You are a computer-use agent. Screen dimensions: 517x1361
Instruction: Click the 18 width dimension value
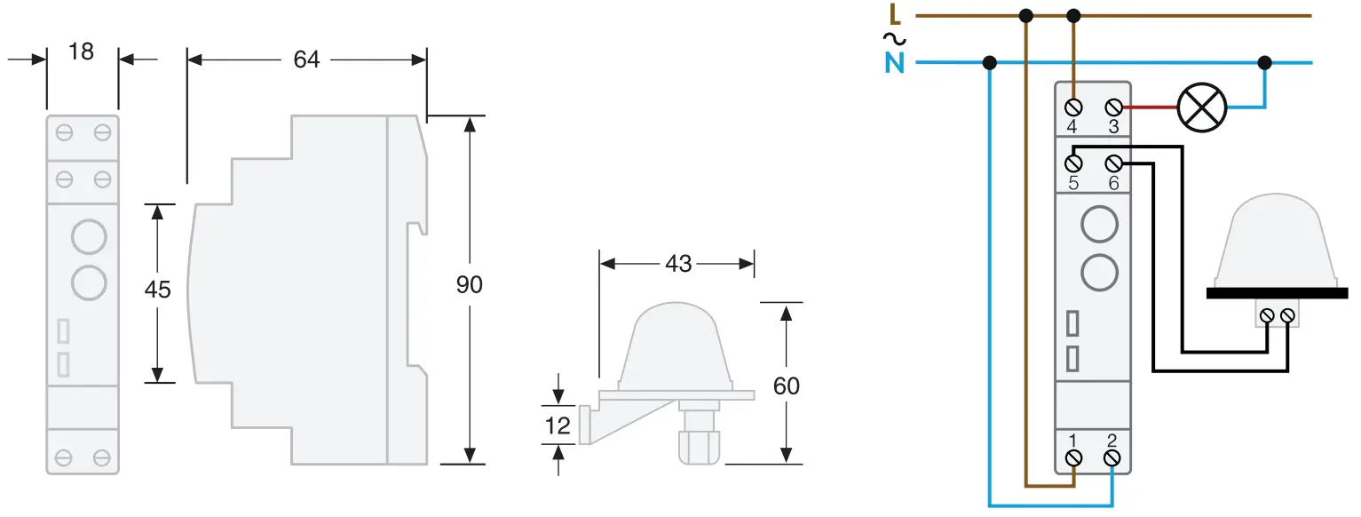click(81, 52)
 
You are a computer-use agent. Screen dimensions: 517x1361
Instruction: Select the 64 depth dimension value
click(306, 60)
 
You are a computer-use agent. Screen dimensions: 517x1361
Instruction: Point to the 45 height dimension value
click(158, 290)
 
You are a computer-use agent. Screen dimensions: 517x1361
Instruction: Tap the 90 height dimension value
click(469, 285)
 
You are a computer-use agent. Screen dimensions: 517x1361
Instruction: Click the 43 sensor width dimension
click(677, 264)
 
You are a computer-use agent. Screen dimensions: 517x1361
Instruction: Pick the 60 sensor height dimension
click(786, 386)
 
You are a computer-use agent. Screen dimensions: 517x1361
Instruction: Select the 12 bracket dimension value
click(558, 426)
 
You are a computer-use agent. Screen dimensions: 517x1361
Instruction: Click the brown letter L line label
click(895, 14)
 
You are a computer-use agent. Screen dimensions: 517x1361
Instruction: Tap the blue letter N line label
click(894, 64)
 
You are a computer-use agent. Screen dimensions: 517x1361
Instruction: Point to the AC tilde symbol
click(893, 38)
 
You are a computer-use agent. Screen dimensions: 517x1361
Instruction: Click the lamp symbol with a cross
click(1201, 107)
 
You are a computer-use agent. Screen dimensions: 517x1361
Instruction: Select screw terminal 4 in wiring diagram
click(1073, 107)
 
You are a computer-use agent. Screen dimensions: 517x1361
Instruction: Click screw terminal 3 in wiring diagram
click(1113, 107)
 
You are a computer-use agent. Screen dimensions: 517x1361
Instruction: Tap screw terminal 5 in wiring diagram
click(1073, 163)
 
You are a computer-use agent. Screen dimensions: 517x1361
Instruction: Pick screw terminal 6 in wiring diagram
click(1113, 163)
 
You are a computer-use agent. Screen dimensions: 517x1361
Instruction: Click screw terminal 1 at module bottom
click(1073, 457)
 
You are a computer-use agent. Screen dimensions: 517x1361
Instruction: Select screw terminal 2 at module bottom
click(1112, 457)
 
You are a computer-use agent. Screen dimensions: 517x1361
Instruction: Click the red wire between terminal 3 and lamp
click(1150, 107)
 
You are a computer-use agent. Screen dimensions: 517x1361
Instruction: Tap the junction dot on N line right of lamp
click(1265, 63)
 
